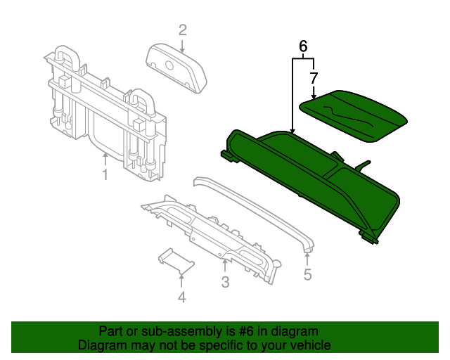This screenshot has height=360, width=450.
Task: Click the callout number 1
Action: [x=105, y=174]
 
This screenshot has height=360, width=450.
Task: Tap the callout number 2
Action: [x=182, y=30]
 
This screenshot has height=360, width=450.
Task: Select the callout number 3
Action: [x=225, y=283]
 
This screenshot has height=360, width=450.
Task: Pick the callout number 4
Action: [x=181, y=297]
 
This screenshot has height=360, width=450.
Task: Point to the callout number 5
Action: [x=307, y=274]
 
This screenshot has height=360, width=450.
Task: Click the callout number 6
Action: [x=303, y=46]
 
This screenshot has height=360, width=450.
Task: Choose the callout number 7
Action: [x=314, y=78]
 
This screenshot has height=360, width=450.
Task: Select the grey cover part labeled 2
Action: [x=176, y=67]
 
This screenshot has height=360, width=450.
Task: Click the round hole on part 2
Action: [x=169, y=65]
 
